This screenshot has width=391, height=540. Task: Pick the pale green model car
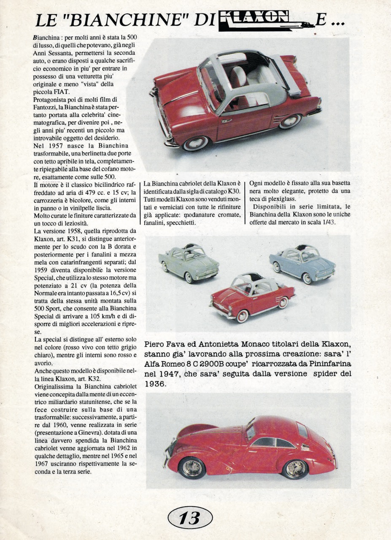point(189,262)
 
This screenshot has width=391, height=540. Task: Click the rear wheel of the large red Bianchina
point(291,121)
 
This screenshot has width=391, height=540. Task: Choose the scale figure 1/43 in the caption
point(328,222)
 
